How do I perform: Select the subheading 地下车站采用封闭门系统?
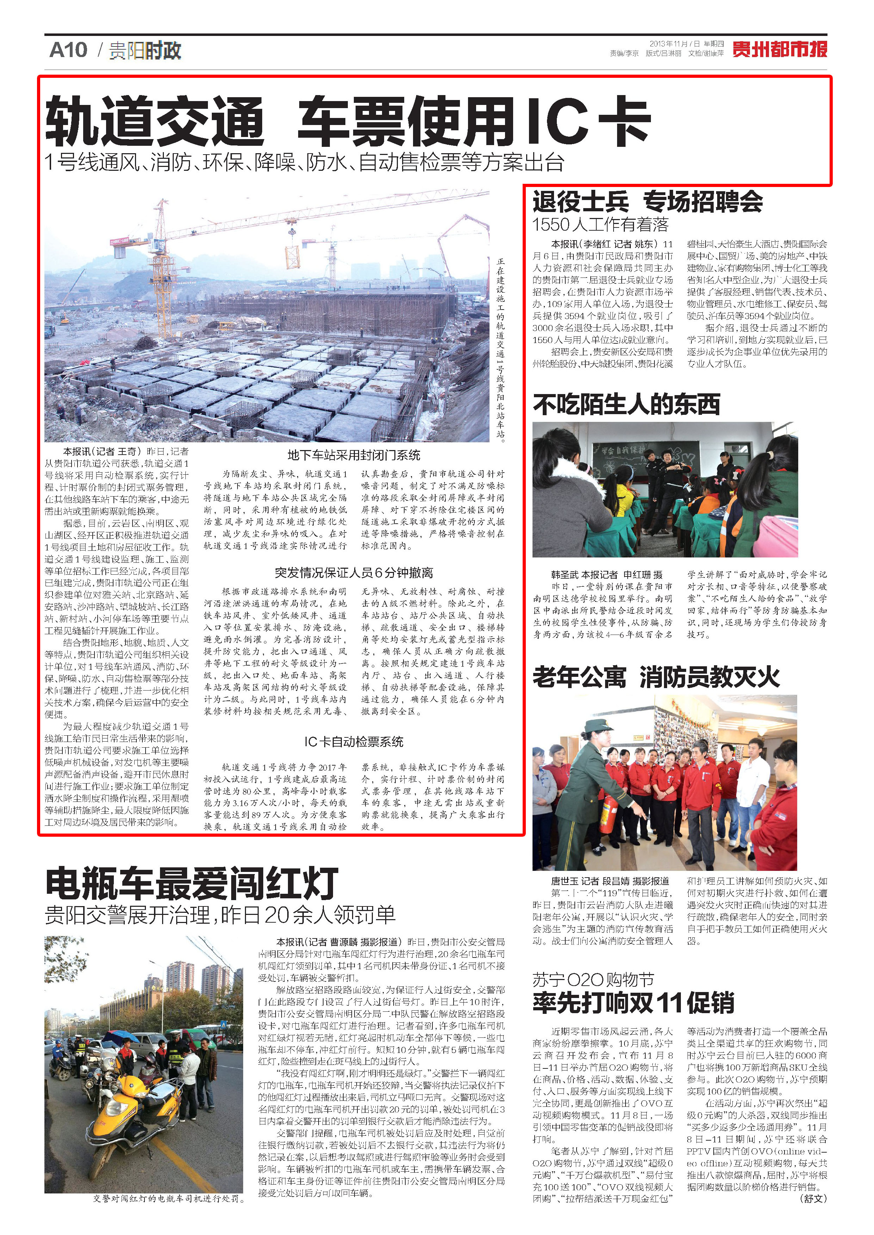pos(353,455)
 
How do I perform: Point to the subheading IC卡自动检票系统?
pos(353,742)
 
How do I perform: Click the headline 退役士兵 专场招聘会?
pos(647,202)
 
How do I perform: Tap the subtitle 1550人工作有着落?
pos(600,224)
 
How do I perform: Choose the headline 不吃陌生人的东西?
pos(626,404)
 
